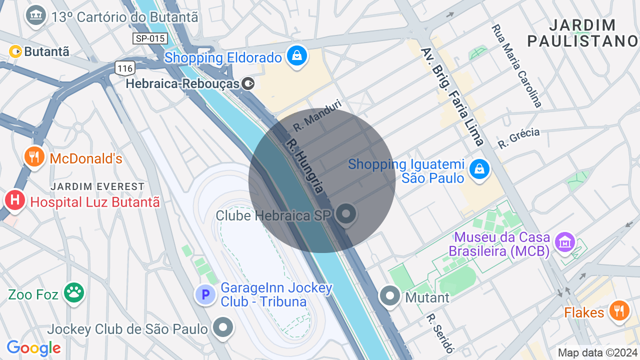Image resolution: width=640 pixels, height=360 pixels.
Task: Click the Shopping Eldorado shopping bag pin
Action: coord(297,56)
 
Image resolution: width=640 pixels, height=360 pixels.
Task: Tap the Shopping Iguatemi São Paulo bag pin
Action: coord(479,170)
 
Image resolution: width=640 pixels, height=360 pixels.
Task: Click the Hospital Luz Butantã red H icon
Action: coord(15,200)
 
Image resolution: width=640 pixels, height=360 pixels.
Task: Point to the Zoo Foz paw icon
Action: coord(74,293)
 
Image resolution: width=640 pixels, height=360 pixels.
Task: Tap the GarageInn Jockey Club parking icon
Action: coord(205,294)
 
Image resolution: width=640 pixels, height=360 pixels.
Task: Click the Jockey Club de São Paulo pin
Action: coord(223,327)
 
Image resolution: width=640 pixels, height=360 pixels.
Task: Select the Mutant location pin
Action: coord(390,296)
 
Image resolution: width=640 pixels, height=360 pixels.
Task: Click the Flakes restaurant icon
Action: coord(619,310)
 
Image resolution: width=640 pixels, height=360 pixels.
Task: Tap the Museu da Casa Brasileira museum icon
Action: coord(565,242)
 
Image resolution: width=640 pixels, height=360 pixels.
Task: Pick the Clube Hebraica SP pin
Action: coord(345,214)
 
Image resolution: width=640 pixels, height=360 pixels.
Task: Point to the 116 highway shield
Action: coord(124,67)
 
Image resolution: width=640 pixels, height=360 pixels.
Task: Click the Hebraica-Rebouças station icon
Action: coord(248,83)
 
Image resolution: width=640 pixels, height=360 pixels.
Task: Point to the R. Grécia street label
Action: coord(518,138)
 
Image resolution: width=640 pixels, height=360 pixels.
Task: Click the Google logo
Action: coord(33,347)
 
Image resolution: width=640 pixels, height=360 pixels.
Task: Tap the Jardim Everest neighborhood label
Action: coord(97,186)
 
